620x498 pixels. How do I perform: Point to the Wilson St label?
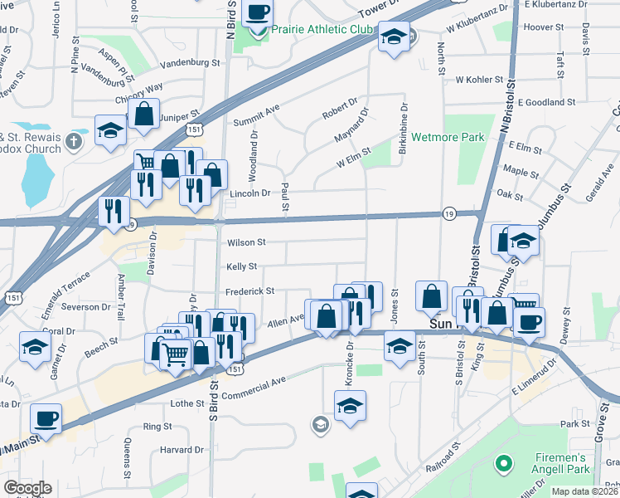pyautogui.click(x=246, y=242)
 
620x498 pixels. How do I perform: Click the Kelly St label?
pyautogui.click(x=241, y=266)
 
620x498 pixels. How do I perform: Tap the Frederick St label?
pyautogui.click(x=249, y=291)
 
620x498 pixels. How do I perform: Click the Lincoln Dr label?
pyautogui.click(x=249, y=193)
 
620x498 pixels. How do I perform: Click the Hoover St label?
pyautogui.click(x=544, y=27)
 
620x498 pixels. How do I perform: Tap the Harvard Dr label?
pyautogui.click(x=177, y=450)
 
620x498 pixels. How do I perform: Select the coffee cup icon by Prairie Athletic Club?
pyautogui.click(x=258, y=12)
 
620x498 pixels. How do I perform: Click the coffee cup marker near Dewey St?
pyautogui.click(x=529, y=321)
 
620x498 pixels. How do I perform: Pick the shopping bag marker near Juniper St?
pyautogui.click(x=143, y=115)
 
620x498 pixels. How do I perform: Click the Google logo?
pyautogui.click(x=27, y=488)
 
